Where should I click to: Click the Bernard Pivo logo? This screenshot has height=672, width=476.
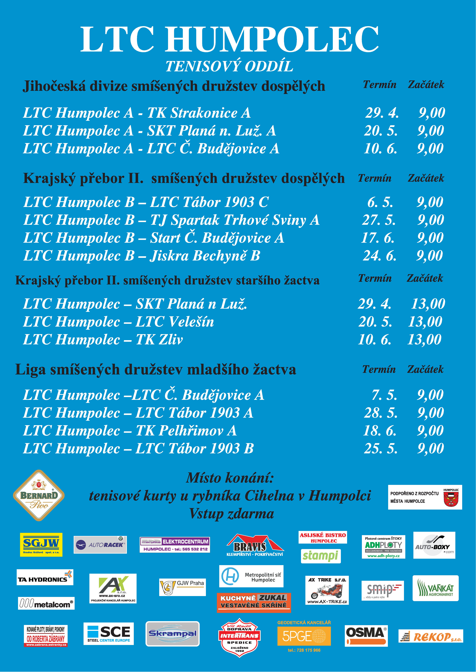point(39,496)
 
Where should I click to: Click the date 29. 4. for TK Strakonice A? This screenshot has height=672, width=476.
point(382,113)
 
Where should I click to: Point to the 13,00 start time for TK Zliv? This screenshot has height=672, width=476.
point(424,340)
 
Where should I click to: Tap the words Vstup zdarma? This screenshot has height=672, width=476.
point(232,514)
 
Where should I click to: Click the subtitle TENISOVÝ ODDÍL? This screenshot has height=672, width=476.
point(229,66)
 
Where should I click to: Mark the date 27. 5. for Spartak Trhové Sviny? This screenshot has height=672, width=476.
point(379,220)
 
